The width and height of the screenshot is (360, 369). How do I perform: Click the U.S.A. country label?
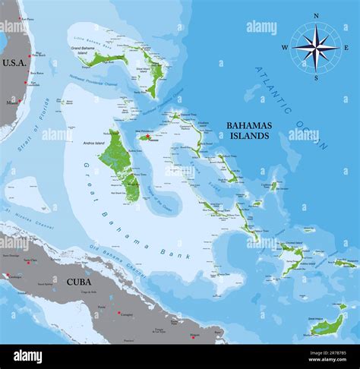click(14, 62)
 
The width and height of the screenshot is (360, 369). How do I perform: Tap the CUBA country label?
click(79, 281)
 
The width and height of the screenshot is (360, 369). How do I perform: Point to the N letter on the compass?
click(316, 16)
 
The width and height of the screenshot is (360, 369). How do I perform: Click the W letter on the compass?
click(285, 48)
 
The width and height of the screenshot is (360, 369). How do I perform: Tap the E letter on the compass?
click(346, 48)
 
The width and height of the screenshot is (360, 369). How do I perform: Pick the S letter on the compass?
click(316, 78)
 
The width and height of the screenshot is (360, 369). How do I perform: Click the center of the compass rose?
click(316, 47)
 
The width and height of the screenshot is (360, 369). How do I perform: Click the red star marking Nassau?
click(142, 138)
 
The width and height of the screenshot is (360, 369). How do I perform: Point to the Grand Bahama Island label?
click(81, 50)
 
